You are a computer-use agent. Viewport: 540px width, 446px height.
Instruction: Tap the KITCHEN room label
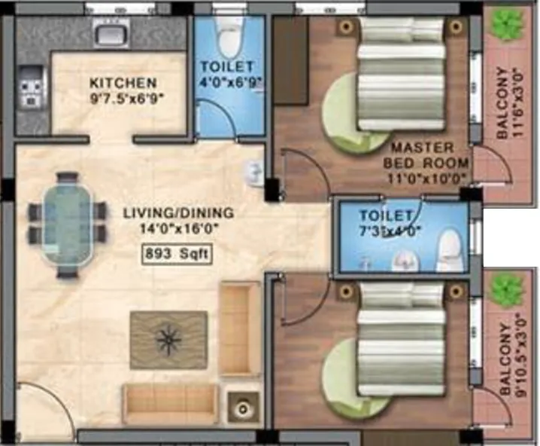(123, 83)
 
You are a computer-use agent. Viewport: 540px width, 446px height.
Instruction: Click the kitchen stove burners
(31, 87)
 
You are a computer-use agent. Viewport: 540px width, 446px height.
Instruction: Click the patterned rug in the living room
(168, 340)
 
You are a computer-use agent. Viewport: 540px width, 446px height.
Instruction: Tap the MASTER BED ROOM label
(423, 154)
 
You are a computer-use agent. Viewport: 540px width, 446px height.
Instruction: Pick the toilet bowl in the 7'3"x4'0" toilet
(449, 249)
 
